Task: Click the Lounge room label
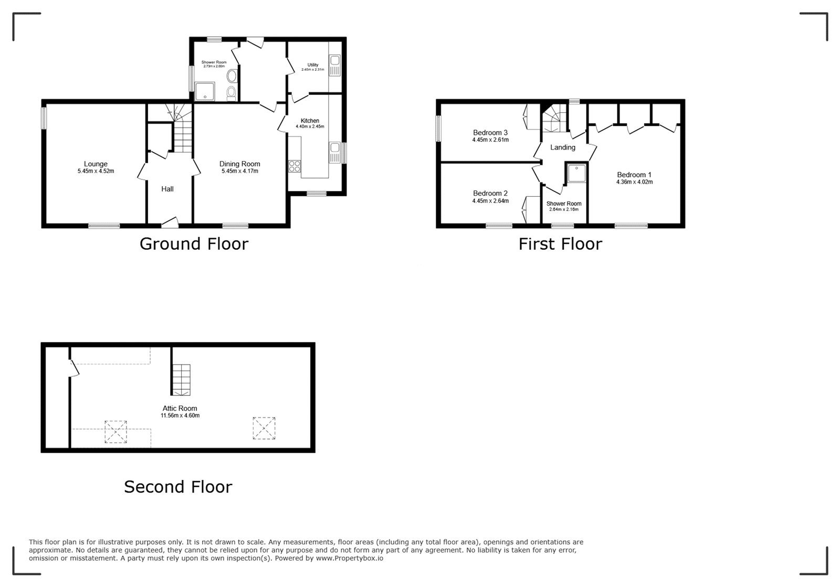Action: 96,164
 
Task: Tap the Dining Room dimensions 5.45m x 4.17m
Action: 239,171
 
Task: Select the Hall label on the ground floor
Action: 167,189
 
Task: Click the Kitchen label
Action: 310,121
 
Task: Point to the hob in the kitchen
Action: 295,166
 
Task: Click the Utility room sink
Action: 335,65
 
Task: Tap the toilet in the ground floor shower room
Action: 232,93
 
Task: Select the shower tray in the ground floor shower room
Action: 205,91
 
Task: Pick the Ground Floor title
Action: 194,244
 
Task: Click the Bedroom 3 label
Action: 490,133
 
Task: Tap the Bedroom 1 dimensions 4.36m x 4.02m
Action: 634,182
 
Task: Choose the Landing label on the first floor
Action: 562,147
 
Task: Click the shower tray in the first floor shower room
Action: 576,174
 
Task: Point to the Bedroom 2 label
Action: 490,193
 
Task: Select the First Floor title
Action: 560,244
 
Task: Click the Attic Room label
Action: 180,408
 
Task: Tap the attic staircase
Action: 181,380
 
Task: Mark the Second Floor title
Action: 178,487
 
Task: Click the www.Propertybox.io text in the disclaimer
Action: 350,558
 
